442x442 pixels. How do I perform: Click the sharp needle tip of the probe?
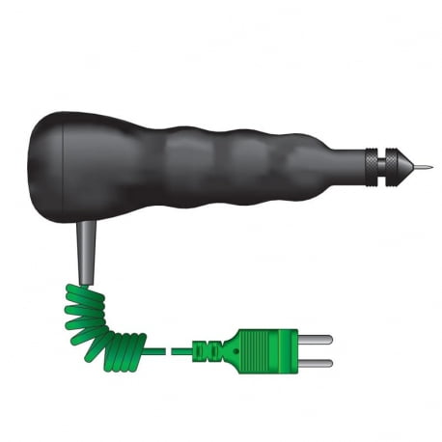[x=428, y=166]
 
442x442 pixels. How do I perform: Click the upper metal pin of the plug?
[x=317, y=340]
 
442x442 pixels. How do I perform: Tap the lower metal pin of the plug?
[x=317, y=363]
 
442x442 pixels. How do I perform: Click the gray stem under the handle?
[x=86, y=252]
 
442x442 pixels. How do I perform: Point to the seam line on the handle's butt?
[x=65, y=166]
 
